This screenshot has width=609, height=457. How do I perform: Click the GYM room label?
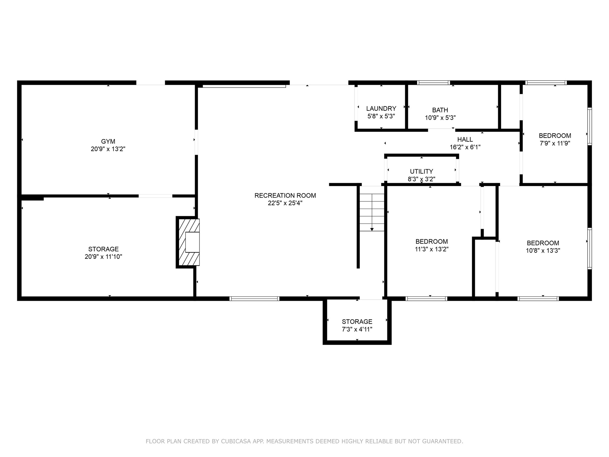(x=108, y=142)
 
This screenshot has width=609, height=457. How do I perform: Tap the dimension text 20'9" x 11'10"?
(x=103, y=256)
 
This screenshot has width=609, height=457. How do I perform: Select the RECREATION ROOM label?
(x=285, y=195)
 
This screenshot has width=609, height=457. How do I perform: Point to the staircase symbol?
(x=372, y=212)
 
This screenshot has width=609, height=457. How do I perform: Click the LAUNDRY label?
(x=381, y=109)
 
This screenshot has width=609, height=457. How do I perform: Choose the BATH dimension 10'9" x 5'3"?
(x=440, y=118)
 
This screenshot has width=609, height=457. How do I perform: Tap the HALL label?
(x=465, y=140)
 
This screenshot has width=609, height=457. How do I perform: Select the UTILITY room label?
(x=421, y=172)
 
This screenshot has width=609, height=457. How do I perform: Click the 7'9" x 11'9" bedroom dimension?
(x=555, y=143)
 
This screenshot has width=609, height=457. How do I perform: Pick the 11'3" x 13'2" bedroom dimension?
(x=431, y=249)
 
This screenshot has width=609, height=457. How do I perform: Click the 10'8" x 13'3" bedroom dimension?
(x=543, y=251)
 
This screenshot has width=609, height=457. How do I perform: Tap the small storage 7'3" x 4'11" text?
(x=357, y=329)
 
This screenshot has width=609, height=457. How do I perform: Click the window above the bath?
(x=433, y=83)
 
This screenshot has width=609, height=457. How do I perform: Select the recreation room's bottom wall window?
(x=254, y=298)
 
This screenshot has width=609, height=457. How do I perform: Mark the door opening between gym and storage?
(x=155, y=196)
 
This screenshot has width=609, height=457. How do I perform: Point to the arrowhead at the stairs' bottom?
(x=372, y=229)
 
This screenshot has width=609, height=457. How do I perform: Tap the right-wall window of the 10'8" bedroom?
(x=589, y=248)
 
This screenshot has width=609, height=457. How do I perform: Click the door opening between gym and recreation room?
(x=196, y=142)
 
